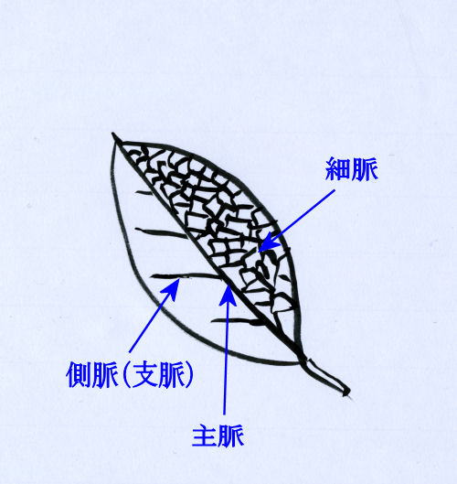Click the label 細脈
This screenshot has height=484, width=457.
352,168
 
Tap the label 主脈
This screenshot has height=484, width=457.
218,436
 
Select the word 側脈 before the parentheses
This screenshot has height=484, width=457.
92,375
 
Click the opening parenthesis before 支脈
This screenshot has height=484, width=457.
125,374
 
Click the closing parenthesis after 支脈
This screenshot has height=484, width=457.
189,374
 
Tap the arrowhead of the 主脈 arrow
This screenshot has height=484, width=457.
228,294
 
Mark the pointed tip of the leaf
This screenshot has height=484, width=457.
113,134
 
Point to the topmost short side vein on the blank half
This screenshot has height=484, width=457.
143,193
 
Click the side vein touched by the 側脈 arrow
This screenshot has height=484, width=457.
185,275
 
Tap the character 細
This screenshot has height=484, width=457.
338,169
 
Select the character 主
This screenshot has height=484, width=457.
205,436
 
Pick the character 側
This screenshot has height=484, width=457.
80,375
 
